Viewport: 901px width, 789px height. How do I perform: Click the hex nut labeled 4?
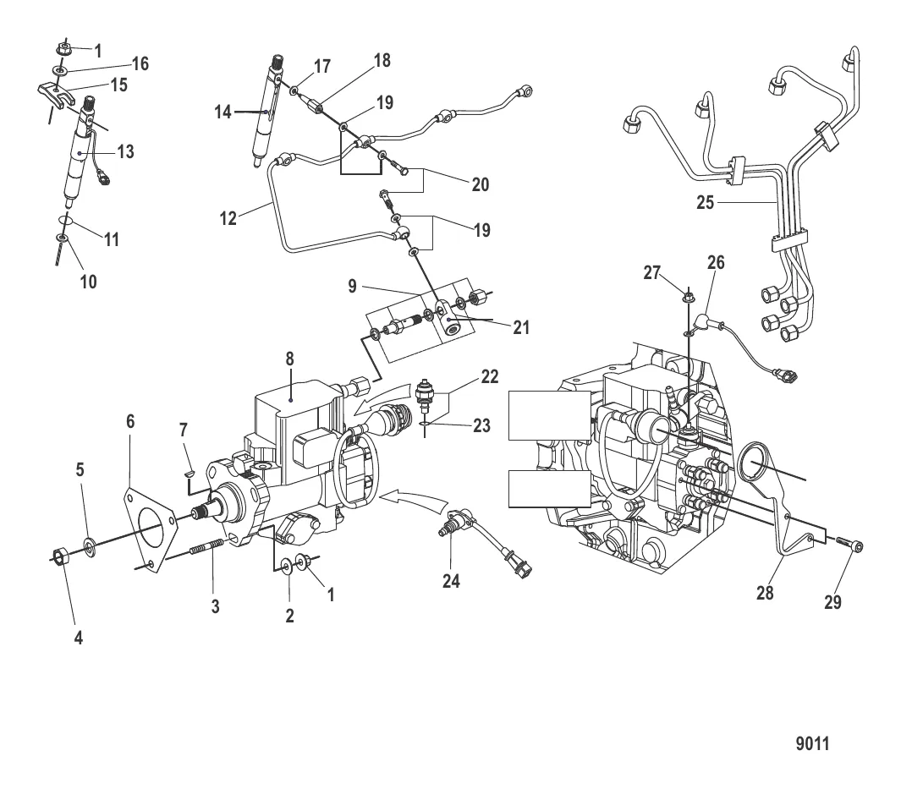click(x=58, y=556)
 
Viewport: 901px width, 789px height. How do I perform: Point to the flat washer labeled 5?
click(x=89, y=541)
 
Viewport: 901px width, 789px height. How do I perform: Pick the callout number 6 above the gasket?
click(x=130, y=420)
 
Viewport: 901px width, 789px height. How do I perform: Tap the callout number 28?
click(x=765, y=593)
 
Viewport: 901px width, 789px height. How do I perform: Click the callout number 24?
click(x=451, y=581)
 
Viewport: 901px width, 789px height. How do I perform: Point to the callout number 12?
click(x=228, y=219)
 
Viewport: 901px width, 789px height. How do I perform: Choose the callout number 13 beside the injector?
click(x=125, y=152)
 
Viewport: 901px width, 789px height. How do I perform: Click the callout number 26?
click(x=716, y=264)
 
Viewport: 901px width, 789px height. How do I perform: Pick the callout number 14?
click(x=223, y=112)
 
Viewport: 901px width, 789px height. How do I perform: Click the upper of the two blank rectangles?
click(x=548, y=415)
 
